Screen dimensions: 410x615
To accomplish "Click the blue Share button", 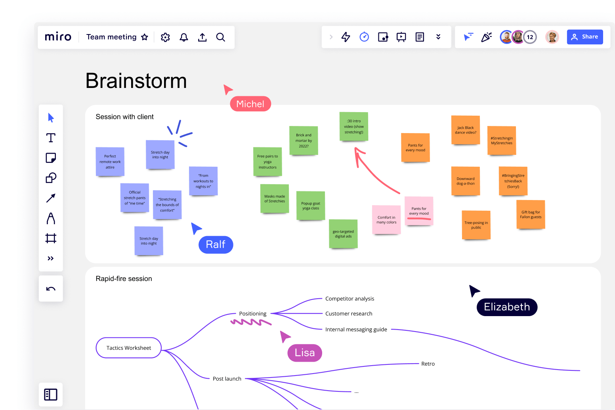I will pyautogui.click(x=584, y=37).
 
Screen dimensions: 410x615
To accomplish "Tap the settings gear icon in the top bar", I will pyautogui.click(x=165, y=37).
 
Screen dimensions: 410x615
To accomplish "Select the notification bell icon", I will pyautogui.click(x=184, y=37).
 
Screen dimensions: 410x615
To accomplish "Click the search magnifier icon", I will pyautogui.click(x=221, y=37).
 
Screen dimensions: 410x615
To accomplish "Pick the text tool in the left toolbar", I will pyautogui.click(x=51, y=138).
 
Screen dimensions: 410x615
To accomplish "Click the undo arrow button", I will pyautogui.click(x=51, y=289).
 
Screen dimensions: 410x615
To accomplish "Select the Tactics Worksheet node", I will pyautogui.click(x=129, y=348).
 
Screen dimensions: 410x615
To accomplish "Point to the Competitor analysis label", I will pyautogui.click(x=350, y=299).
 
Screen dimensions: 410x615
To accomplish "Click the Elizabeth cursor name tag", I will pyautogui.click(x=507, y=307).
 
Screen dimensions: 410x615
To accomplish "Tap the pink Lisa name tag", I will pyautogui.click(x=305, y=353).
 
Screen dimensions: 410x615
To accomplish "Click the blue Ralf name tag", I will pyautogui.click(x=216, y=244).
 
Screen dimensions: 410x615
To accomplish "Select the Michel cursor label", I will pyautogui.click(x=250, y=104).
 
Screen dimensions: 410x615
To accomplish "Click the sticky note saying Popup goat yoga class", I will pyautogui.click(x=311, y=206).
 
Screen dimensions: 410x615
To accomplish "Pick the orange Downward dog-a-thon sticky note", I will pyautogui.click(x=466, y=181).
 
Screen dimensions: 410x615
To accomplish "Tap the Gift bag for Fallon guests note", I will pyautogui.click(x=531, y=214).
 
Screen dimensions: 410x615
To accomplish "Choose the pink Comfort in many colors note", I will pyautogui.click(x=386, y=219).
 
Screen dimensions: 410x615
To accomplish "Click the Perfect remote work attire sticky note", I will pyautogui.click(x=110, y=162).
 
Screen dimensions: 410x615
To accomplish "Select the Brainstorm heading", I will pyautogui.click(x=136, y=81).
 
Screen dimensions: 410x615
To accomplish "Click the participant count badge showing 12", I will pyautogui.click(x=530, y=37).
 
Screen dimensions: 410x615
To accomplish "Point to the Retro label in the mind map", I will pyautogui.click(x=428, y=364).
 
